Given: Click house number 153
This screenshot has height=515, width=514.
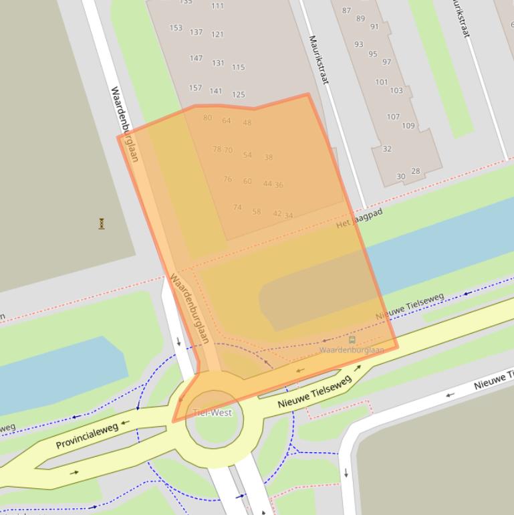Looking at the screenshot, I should [x=176, y=28].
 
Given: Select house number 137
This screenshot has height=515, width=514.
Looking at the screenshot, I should [x=196, y=32].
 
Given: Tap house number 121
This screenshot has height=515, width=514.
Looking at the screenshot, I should [x=217, y=34].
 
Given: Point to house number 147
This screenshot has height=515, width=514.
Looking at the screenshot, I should [x=196, y=58].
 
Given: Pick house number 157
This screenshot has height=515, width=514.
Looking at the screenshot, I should [x=195, y=88].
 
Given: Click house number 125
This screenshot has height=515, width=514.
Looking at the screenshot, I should [x=239, y=95].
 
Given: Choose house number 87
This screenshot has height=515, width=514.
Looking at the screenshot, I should [x=346, y=11].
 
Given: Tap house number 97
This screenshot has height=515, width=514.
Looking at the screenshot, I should [x=386, y=62].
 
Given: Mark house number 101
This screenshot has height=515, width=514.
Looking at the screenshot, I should [x=381, y=82].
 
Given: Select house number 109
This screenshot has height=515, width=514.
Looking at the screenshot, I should [x=408, y=126].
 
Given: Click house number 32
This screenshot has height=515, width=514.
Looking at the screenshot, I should [x=387, y=148].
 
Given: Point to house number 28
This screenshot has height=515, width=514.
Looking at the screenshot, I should [x=416, y=171].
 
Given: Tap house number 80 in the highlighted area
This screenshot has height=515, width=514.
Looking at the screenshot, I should [x=207, y=118].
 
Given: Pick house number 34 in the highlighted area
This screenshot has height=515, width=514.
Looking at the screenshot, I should [x=289, y=216].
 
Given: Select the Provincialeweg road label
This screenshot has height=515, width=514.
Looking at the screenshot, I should [x=87, y=435].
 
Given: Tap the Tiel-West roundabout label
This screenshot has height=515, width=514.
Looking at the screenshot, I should [x=213, y=413].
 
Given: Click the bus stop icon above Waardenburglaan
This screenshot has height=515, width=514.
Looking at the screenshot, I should [x=352, y=340].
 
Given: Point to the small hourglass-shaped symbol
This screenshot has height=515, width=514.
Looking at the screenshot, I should [x=102, y=223].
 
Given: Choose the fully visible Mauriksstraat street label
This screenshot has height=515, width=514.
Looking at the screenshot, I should [x=318, y=60].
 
